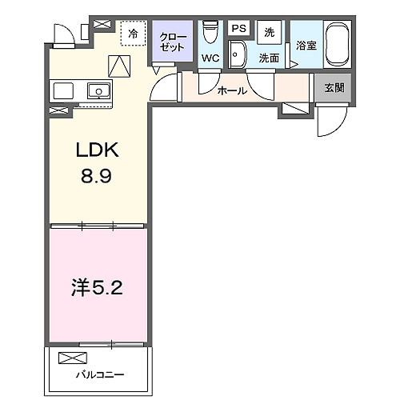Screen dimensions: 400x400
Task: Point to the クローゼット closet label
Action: [172, 42]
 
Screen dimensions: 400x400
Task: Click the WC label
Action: [211, 58]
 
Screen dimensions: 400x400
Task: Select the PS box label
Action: [238, 29]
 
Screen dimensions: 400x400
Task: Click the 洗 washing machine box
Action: [270, 31]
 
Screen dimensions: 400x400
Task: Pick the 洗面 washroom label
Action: [268, 58]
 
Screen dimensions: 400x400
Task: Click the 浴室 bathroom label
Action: [306, 46]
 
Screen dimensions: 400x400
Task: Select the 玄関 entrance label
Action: [334, 87]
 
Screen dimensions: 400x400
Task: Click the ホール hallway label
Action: [231, 91]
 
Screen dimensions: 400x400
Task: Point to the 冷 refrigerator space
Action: [133, 35]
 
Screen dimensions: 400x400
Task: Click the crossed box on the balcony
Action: [70, 357]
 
